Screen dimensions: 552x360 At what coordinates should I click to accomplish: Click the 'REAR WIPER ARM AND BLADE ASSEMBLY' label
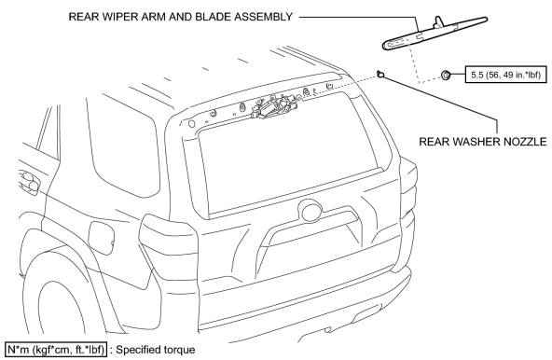(181, 17)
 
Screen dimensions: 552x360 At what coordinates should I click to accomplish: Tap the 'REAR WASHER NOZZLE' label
(483, 142)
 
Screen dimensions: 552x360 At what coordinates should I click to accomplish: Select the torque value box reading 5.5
(506, 75)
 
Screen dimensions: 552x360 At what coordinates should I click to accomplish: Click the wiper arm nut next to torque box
(446, 75)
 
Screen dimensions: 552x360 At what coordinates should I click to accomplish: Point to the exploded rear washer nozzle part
(380, 74)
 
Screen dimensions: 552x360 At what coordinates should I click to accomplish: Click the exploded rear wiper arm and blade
(435, 33)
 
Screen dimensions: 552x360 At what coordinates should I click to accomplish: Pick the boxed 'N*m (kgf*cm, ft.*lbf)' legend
(56, 350)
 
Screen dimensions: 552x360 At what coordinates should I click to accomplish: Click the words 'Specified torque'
(155, 350)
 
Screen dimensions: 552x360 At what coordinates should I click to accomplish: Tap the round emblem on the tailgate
(311, 211)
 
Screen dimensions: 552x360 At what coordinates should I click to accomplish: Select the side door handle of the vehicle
(30, 181)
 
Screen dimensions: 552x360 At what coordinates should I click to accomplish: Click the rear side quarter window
(124, 141)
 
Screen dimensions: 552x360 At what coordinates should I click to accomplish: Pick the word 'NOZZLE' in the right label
(525, 142)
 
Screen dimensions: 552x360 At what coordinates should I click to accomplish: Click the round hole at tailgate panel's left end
(191, 124)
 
